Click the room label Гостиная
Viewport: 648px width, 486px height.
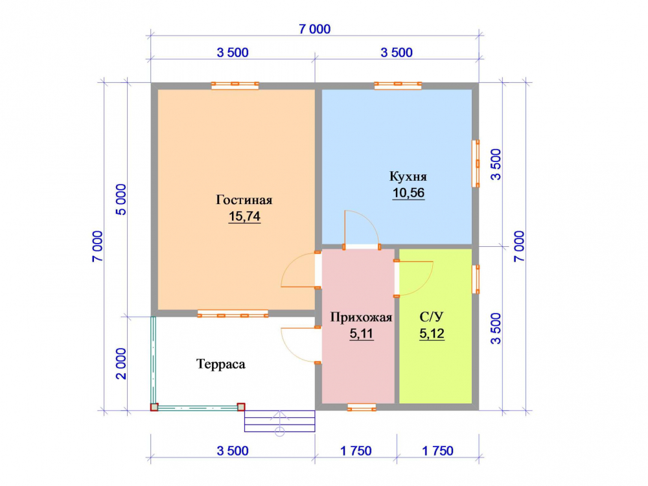[244, 200]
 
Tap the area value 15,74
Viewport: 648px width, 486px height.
[244, 216]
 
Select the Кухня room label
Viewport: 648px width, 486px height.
[408, 176]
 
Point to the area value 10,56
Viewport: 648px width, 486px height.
[408, 192]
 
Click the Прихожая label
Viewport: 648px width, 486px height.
[361, 318]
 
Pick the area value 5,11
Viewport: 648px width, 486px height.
[361, 334]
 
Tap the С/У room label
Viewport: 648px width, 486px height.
[432, 317]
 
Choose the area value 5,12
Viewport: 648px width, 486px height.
[432, 333]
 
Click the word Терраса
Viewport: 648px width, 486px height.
[221, 364]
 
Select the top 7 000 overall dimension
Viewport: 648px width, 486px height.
[315, 29]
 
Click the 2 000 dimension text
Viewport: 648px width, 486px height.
[121, 364]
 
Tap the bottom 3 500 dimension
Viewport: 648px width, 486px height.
[233, 450]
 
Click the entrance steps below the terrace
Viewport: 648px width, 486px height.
[280, 421]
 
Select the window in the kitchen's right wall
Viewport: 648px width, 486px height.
[476, 164]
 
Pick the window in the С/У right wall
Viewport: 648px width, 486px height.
[476, 279]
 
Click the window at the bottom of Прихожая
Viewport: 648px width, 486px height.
[362, 407]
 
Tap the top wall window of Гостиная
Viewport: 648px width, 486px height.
[235, 86]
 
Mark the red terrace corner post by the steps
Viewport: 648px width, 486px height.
[241, 407]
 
